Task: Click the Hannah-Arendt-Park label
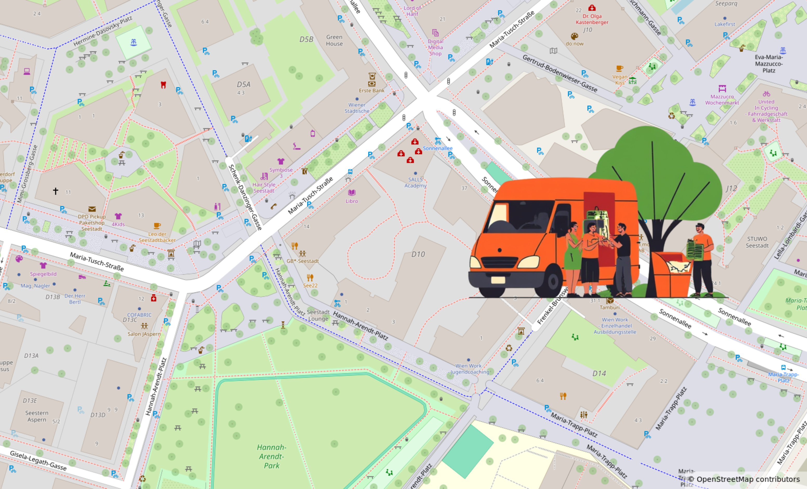point(271,456)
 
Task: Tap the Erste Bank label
point(371,91)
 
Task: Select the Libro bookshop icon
point(352,193)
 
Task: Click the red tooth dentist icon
point(163,85)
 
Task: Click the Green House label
point(334,40)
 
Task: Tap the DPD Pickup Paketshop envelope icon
point(92,209)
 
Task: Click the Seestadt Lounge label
point(318,315)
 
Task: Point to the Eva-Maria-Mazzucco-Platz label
point(768,64)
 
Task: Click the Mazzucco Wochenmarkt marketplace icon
point(722,89)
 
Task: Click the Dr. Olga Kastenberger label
point(592,19)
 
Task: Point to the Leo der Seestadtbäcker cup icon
point(157,226)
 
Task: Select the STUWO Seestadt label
point(757,242)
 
